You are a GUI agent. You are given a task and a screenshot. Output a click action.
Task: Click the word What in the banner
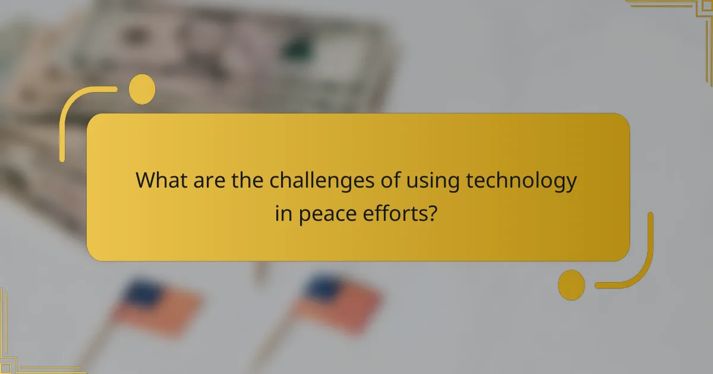(x=158, y=180)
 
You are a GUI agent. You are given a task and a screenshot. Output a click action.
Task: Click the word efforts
(x=396, y=213)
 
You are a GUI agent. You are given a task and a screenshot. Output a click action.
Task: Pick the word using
(x=429, y=180)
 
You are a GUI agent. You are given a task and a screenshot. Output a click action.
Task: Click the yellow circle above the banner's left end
(x=141, y=90)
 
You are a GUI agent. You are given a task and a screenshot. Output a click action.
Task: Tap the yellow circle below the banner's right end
(x=572, y=284)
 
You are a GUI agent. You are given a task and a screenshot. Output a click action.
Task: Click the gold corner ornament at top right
(x=683, y=15)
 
